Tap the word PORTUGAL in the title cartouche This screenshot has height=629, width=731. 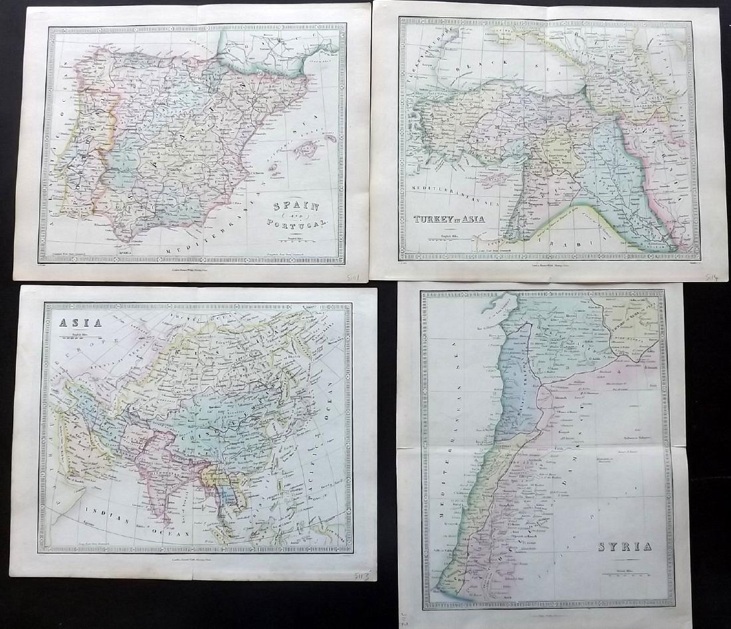coord(300,225)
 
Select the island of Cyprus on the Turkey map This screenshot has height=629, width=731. coord(493,178)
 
